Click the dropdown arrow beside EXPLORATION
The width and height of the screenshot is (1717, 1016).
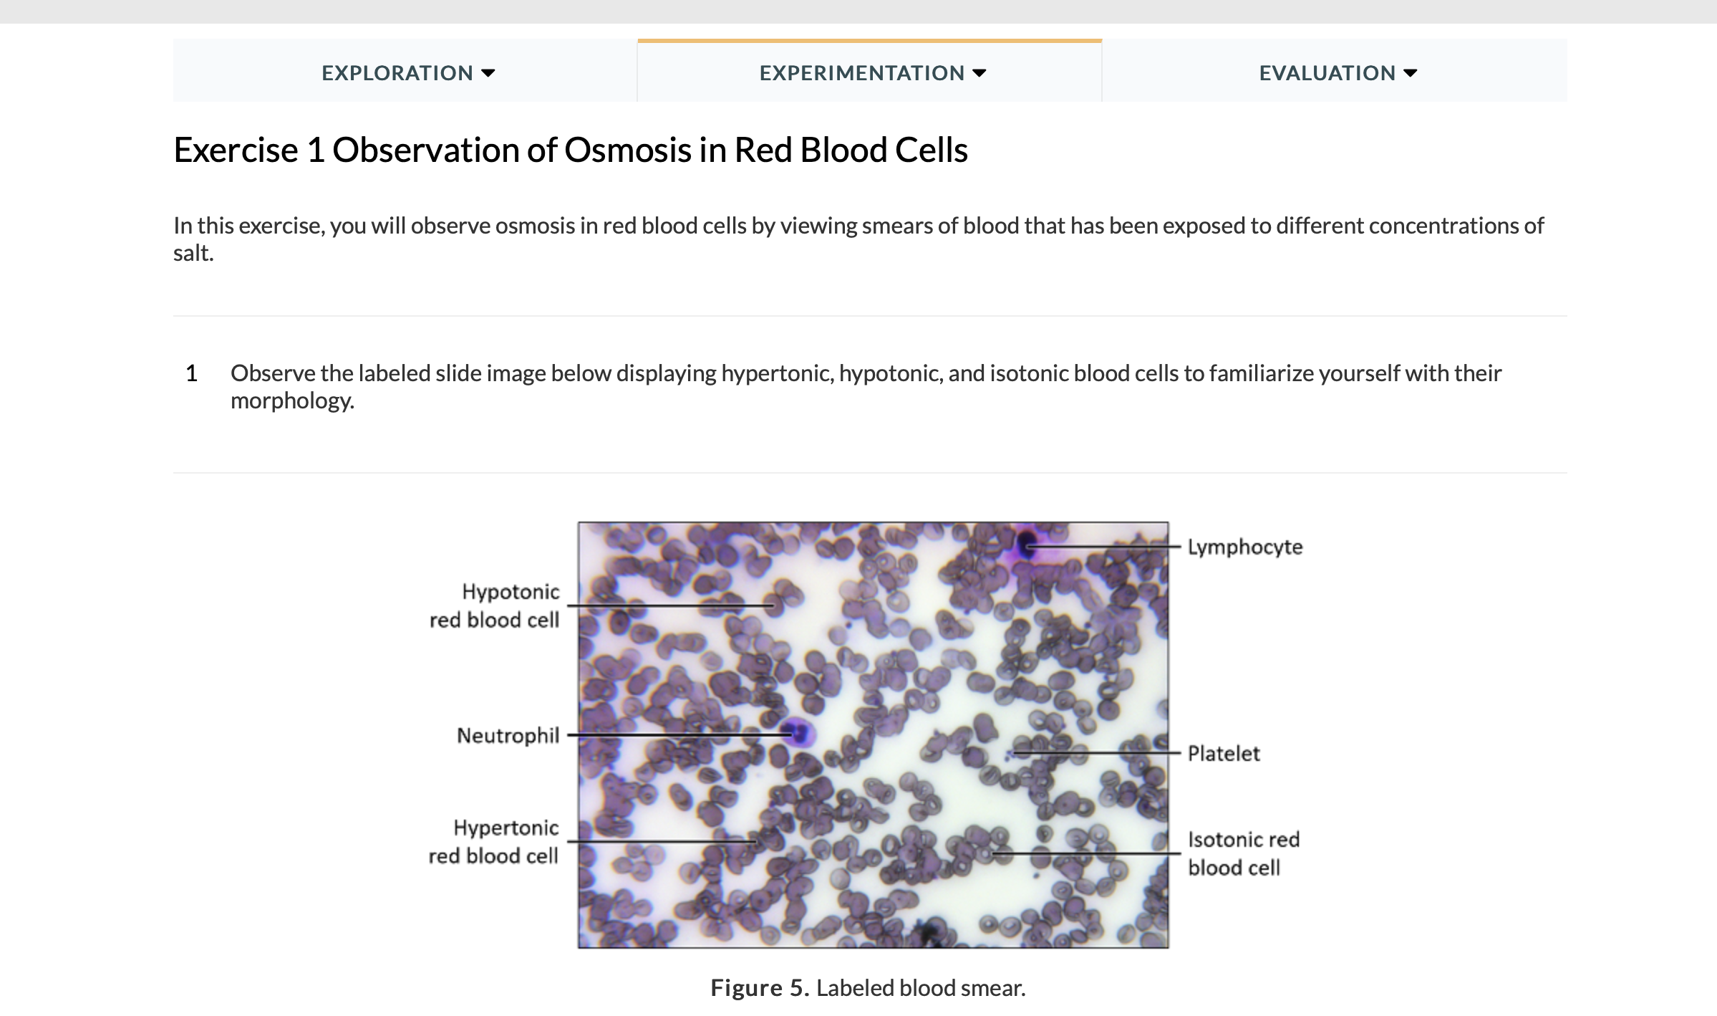pyautogui.click(x=488, y=73)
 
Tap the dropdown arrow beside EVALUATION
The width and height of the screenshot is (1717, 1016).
pyautogui.click(x=1411, y=73)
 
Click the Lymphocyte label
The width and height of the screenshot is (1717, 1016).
pyautogui.click(x=1244, y=547)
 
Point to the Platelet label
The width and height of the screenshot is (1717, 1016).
pyautogui.click(x=1223, y=753)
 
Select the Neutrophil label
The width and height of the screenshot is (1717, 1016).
pyautogui.click(x=508, y=735)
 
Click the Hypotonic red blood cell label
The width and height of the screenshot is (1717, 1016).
pyautogui.click(x=495, y=605)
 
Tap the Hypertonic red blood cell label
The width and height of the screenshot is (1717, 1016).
pyautogui.click(x=493, y=841)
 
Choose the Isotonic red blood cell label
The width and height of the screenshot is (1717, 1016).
pyautogui.click(x=1243, y=853)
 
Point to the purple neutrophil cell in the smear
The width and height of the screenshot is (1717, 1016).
pyautogui.click(x=798, y=733)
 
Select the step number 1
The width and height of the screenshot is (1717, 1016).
pyautogui.click(x=191, y=373)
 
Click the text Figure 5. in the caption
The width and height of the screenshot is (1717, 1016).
pyautogui.click(x=759, y=988)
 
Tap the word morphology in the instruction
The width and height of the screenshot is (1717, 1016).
pyautogui.click(x=291, y=401)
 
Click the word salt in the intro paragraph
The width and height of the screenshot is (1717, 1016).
pyautogui.click(x=192, y=253)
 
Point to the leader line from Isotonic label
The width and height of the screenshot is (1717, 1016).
pyautogui.click(x=1088, y=853)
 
